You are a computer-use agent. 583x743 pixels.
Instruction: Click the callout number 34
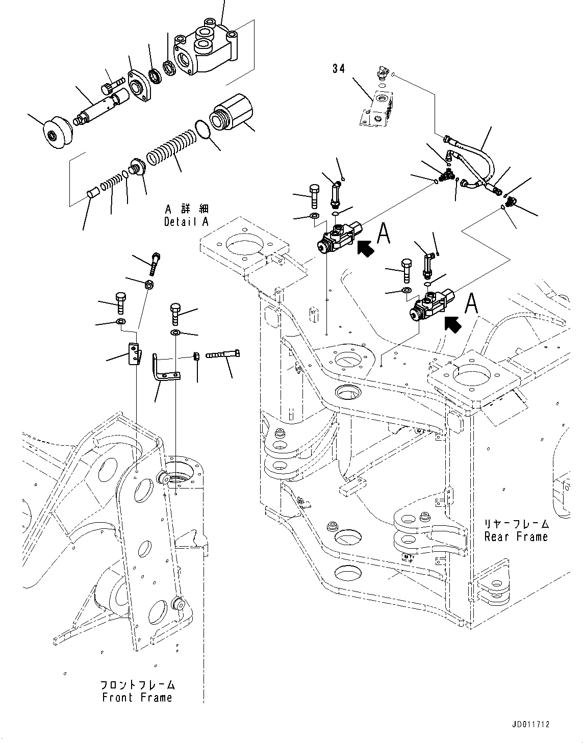tap(339, 68)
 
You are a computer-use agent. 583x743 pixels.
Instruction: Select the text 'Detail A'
tap(187, 222)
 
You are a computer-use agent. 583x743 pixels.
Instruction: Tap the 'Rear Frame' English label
tap(516, 536)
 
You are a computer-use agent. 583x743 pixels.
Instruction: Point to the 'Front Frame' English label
tap(137, 698)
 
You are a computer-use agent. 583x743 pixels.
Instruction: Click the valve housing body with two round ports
tap(207, 48)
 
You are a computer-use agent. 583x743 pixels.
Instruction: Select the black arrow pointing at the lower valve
tap(453, 323)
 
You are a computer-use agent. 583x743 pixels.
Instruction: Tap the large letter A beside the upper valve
tap(384, 235)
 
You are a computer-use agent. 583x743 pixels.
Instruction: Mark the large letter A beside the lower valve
tap(472, 304)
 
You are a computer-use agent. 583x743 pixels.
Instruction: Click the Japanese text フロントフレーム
tap(137, 684)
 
